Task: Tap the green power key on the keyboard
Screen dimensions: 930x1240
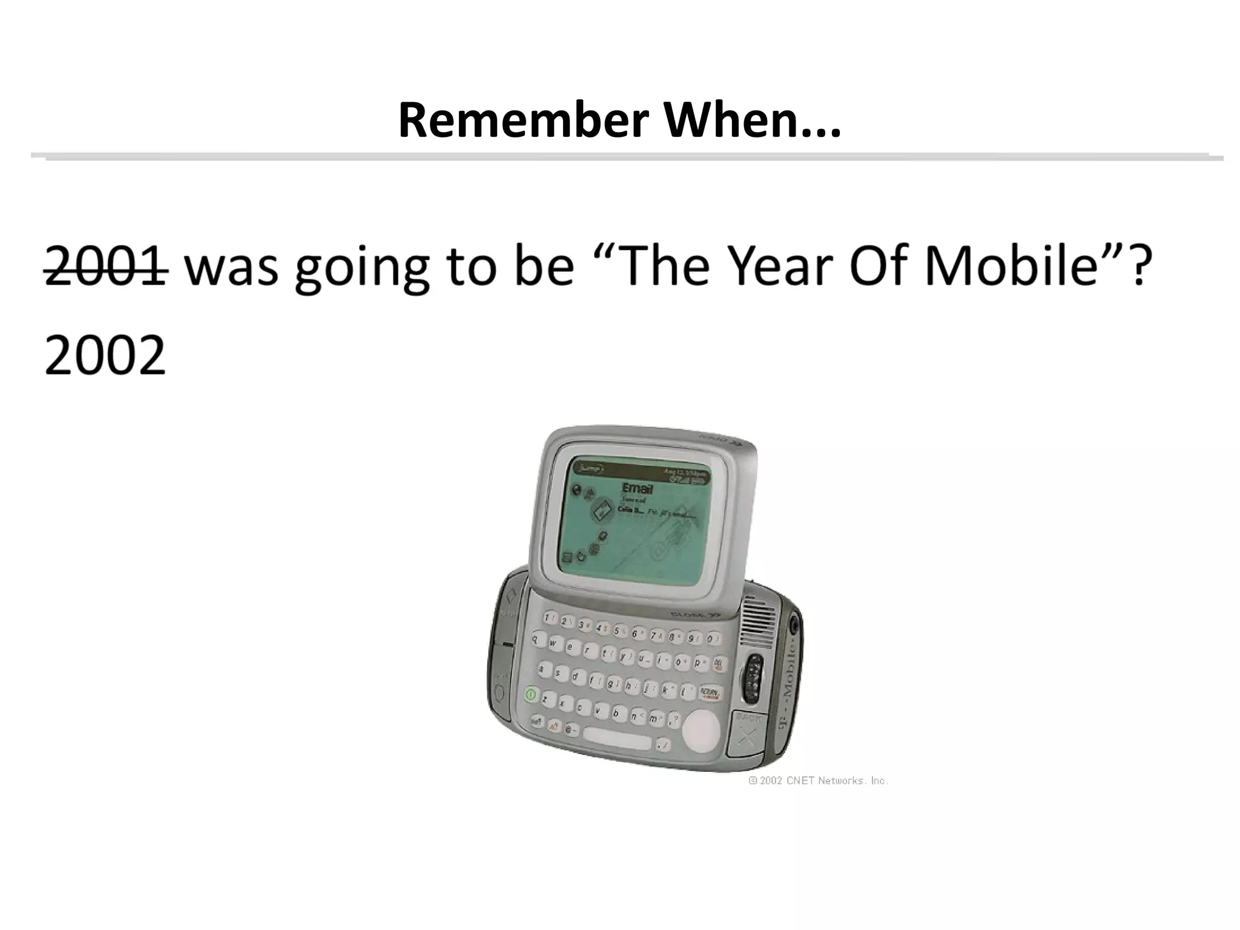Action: click(531, 694)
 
